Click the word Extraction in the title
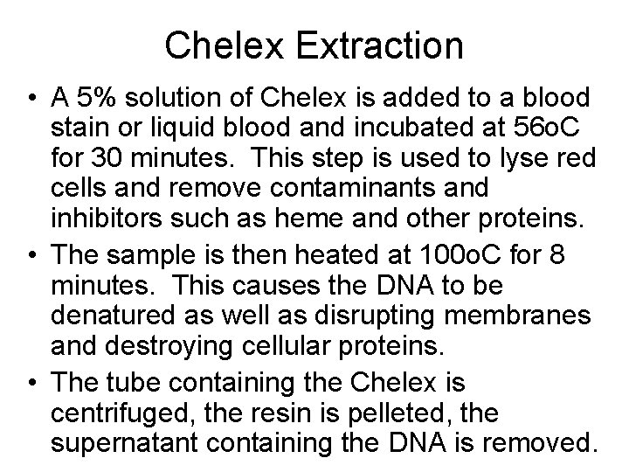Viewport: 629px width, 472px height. coord(377,45)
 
